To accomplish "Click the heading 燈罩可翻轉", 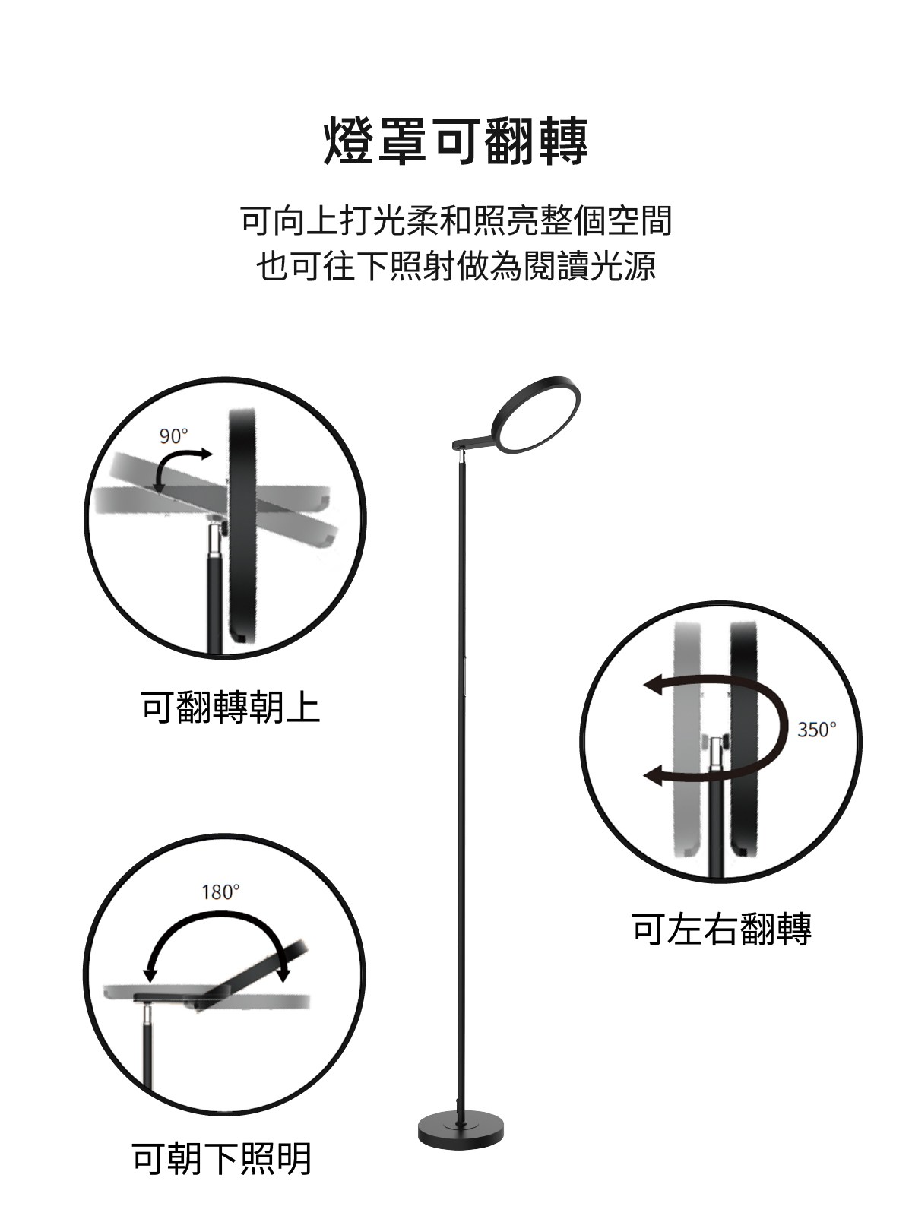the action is [456, 141].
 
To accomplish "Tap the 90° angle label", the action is [173, 436].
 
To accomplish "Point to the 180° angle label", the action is [220, 892].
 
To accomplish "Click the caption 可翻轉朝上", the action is [231, 708].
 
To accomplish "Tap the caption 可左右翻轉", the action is [721, 929].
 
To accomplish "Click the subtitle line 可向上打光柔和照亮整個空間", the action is [456, 220].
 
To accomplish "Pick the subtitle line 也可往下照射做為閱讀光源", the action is [456, 265].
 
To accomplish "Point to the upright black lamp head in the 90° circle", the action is [242, 526].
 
